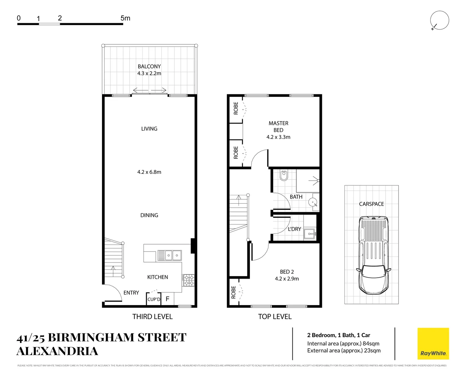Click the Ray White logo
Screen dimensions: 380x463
(x=433, y=344)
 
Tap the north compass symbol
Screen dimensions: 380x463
(x=439, y=20)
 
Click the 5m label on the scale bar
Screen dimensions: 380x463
(x=125, y=18)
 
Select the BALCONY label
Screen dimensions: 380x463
(x=149, y=66)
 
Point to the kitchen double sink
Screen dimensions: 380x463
(x=170, y=255)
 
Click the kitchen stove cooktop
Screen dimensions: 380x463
(x=188, y=280)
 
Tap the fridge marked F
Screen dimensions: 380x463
(x=167, y=299)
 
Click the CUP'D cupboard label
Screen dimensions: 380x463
(x=154, y=299)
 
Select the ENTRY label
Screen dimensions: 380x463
(x=131, y=293)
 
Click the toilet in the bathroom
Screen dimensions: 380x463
(x=284, y=175)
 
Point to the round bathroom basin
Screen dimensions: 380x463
(x=313, y=203)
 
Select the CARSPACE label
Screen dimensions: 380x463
(x=371, y=204)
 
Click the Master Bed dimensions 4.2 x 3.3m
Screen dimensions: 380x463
(x=278, y=137)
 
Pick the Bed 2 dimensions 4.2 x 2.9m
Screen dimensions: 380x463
(x=287, y=279)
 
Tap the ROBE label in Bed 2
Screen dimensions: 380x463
(x=234, y=292)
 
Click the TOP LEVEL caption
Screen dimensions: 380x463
(x=275, y=317)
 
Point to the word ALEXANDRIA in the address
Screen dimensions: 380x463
(x=57, y=351)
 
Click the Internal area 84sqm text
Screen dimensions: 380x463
(x=343, y=344)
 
